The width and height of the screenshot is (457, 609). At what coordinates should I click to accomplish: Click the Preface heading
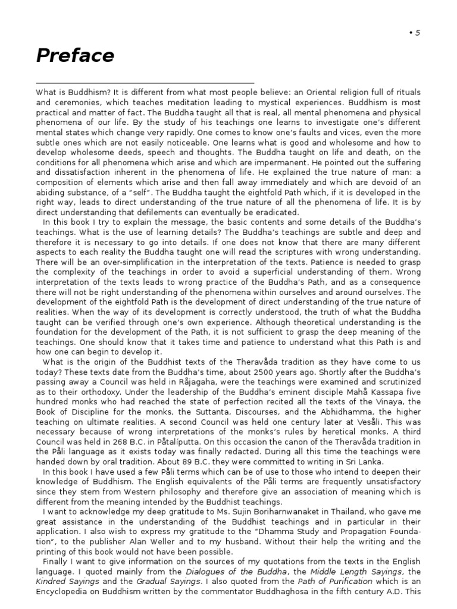click(x=75, y=55)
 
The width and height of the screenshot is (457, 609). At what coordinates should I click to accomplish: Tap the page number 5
click(x=418, y=33)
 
